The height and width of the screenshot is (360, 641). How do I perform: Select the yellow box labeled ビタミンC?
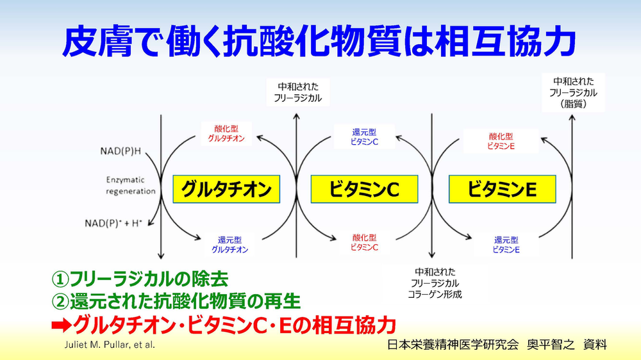point(364,189)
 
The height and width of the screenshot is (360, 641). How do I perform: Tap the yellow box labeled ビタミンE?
point(501,189)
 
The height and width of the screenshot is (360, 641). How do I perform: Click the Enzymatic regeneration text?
point(130,186)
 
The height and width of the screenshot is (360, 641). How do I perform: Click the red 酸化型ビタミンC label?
point(364,241)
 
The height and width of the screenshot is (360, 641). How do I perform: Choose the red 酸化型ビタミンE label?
point(501,142)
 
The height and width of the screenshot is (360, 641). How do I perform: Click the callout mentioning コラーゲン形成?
point(435,282)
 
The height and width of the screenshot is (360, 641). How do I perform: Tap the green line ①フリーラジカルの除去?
point(140,279)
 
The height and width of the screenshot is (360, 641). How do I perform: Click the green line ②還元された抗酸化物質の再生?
point(176,301)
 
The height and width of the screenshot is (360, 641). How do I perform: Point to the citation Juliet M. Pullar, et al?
point(108,345)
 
